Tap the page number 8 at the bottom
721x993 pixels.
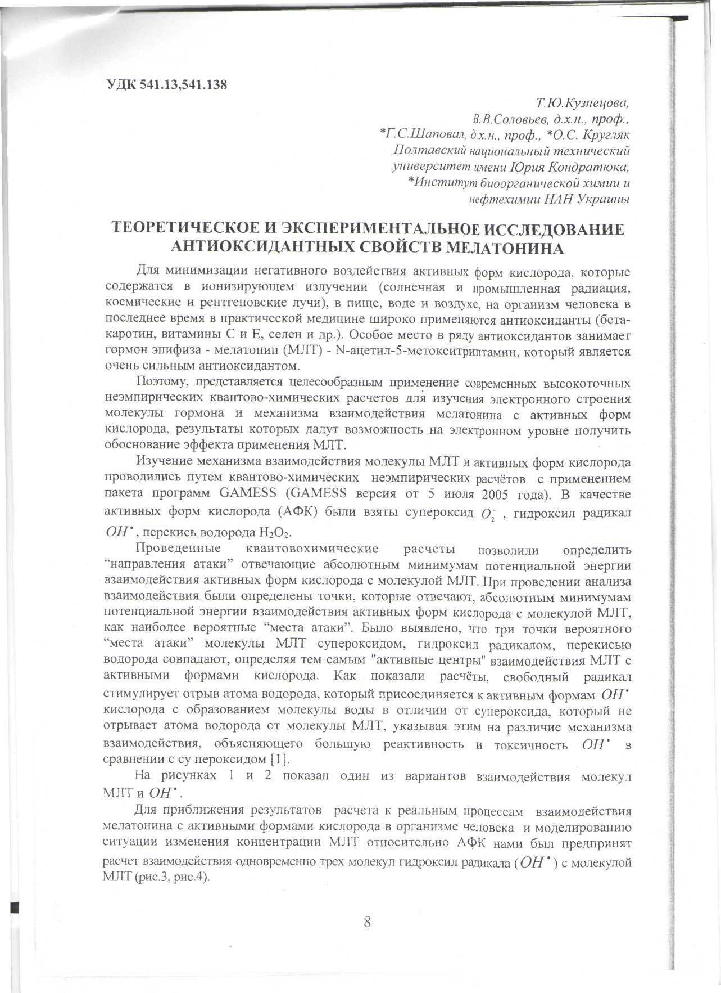(367, 922)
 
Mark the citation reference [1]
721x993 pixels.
(279, 760)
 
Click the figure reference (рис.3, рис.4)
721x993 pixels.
(172, 877)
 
